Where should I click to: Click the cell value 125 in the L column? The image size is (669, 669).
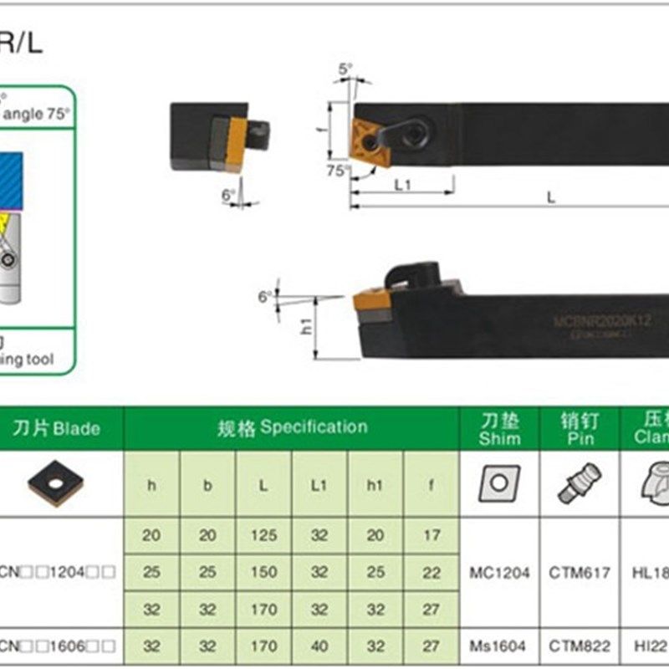tap(263, 535)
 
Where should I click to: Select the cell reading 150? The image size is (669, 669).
tap(263, 573)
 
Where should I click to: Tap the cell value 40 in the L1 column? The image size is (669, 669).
tap(319, 646)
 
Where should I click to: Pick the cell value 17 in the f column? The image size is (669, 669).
tap(432, 535)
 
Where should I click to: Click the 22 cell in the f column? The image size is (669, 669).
tap(432, 573)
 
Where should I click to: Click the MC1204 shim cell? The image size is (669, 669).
tap(499, 573)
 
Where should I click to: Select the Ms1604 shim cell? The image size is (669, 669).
tap(499, 646)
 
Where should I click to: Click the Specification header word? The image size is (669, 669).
tap(314, 427)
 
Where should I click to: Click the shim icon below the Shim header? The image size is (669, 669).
tap(499, 483)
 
